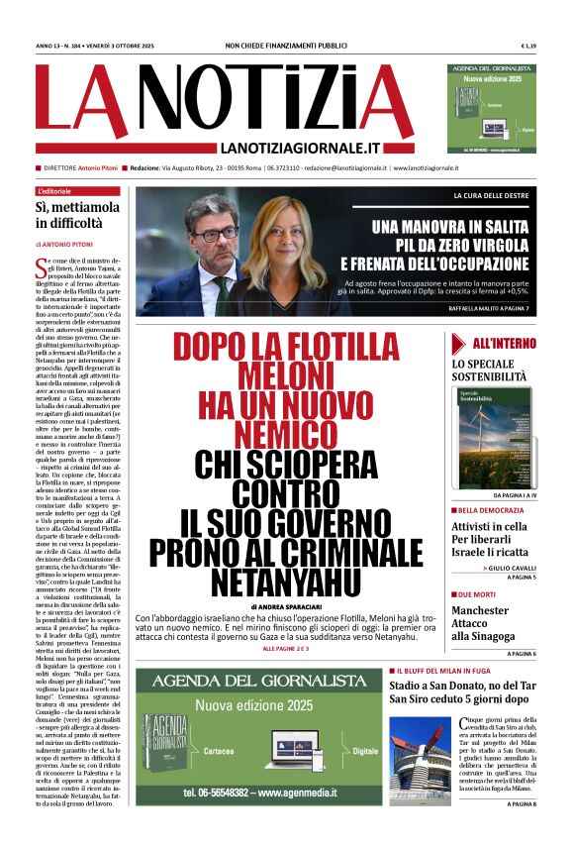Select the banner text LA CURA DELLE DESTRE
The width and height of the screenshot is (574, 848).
[x=492, y=196]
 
